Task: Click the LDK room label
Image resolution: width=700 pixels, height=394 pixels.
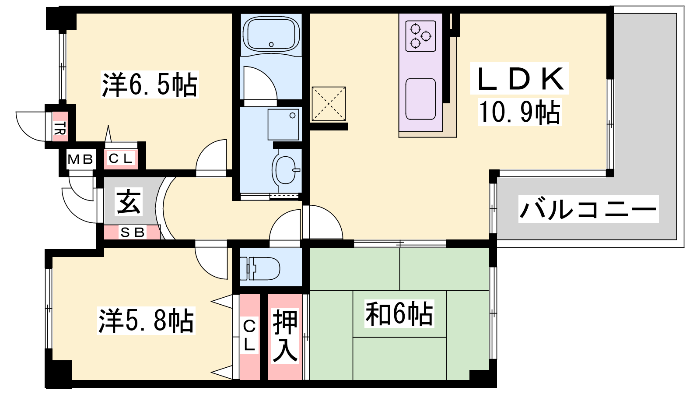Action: pyautogui.click(x=519, y=78)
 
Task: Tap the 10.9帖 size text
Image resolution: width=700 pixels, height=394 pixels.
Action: pyautogui.click(x=520, y=113)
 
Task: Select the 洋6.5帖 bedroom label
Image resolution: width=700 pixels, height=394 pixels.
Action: pyautogui.click(x=150, y=84)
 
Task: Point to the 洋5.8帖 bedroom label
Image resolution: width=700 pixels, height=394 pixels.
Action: pyautogui.click(x=146, y=320)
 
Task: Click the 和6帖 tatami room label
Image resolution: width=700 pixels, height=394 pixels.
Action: pyautogui.click(x=399, y=313)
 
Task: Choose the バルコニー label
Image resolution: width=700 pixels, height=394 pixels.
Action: pyautogui.click(x=588, y=209)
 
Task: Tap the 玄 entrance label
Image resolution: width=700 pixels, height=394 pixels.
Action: pyautogui.click(x=129, y=202)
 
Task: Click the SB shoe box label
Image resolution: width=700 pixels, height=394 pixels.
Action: pyautogui.click(x=133, y=232)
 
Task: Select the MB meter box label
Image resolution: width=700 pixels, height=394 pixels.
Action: pyautogui.click(x=80, y=159)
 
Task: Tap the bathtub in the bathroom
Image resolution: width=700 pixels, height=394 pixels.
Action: pyautogui.click(x=271, y=35)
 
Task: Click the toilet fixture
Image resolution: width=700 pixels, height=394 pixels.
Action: pyautogui.click(x=260, y=268)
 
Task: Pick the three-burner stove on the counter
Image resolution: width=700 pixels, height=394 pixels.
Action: pyautogui.click(x=420, y=36)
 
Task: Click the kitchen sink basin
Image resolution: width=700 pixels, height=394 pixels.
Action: pyautogui.click(x=420, y=99)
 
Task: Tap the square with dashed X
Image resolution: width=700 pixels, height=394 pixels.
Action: pyautogui.click(x=329, y=104)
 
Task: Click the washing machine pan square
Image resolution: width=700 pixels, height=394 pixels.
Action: pyautogui.click(x=283, y=124)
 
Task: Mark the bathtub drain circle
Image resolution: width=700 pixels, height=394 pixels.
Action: pyautogui.click(x=271, y=44)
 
